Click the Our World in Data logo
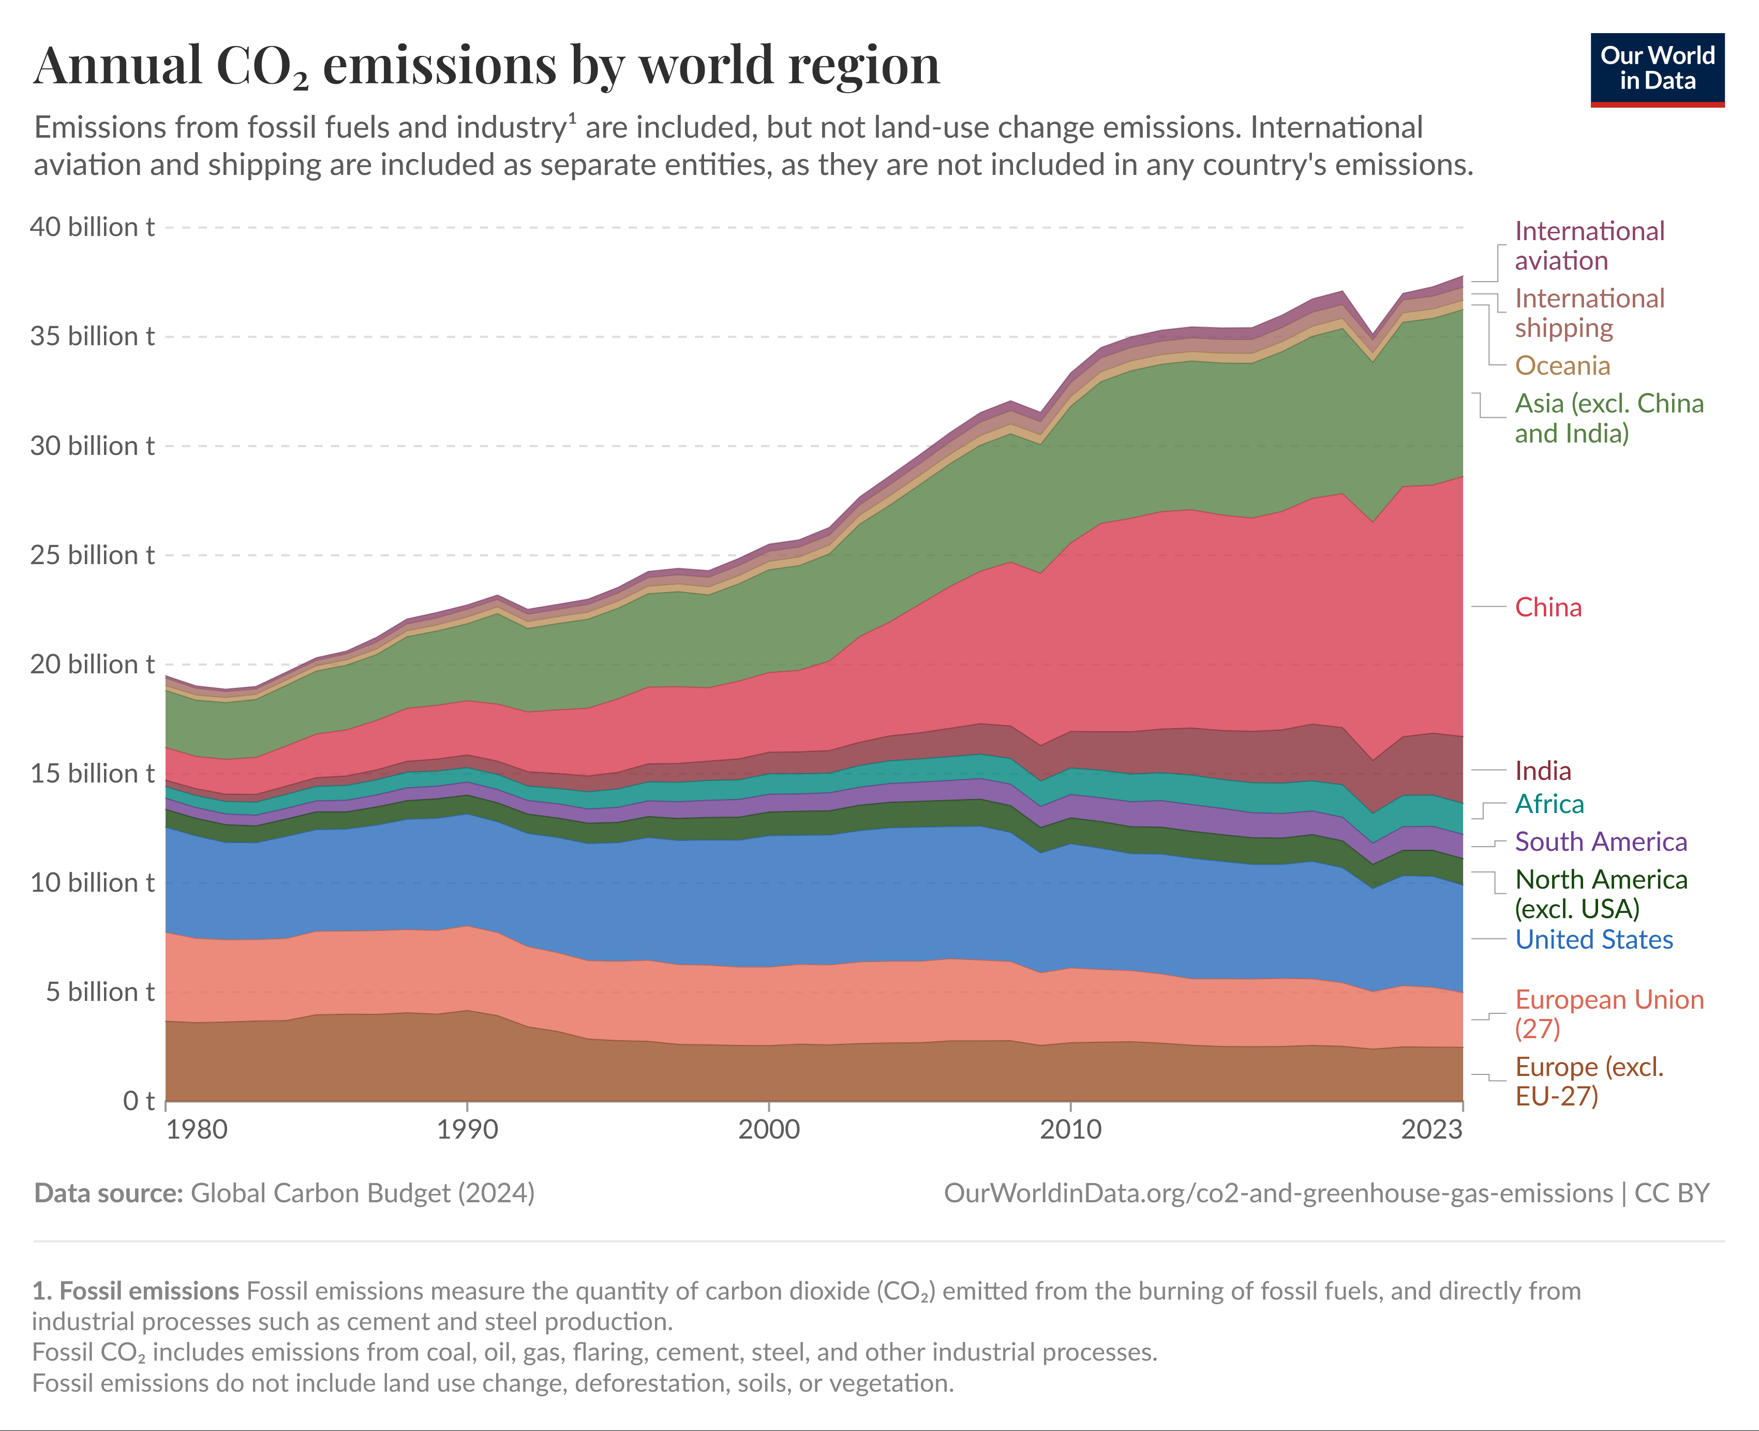coord(1657,69)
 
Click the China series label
coord(1548,608)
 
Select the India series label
coord(1542,771)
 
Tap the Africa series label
coord(1549,804)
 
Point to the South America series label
coord(1601,842)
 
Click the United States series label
coord(1593,940)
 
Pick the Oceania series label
coord(1562,365)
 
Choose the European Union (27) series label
coord(1609,1014)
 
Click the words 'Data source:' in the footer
coord(108,1193)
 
